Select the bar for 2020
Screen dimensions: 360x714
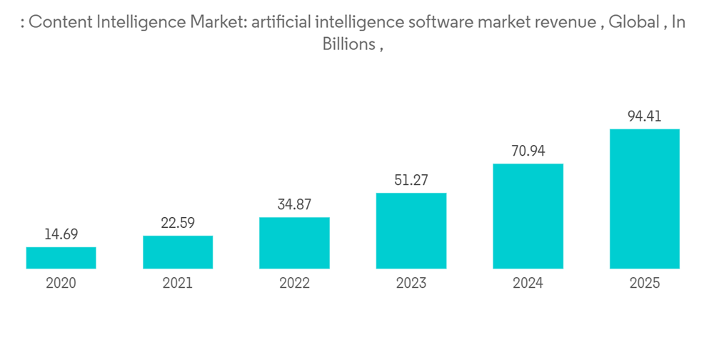(x=61, y=258)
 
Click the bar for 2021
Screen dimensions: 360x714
(x=178, y=252)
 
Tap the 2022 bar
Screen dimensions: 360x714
(x=294, y=243)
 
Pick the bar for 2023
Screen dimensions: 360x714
(x=411, y=231)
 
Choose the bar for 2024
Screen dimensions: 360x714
(x=528, y=216)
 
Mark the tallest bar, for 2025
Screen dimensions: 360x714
(x=645, y=199)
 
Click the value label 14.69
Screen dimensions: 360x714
(x=61, y=234)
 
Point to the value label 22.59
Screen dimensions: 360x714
(x=178, y=223)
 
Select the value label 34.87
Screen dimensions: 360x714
(x=294, y=204)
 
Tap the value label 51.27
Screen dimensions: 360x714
(x=411, y=180)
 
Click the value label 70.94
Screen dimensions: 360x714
(x=528, y=151)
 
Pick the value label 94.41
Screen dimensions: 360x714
(x=645, y=116)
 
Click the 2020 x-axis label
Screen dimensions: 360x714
(x=61, y=284)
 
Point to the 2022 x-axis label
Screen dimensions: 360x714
(x=294, y=284)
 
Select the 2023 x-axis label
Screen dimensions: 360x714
(x=411, y=284)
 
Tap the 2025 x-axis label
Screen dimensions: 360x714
(x=645, y=284)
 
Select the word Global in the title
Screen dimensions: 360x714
(x=634, y=22)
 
